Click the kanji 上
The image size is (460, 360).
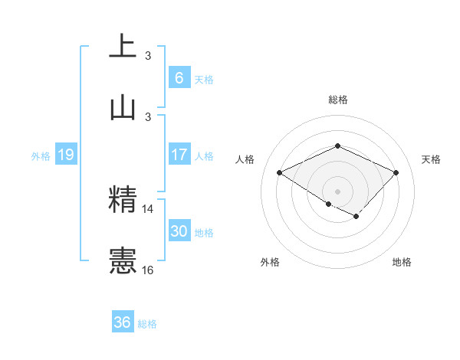tap(123, 46)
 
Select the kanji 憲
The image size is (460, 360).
tap(123, 260)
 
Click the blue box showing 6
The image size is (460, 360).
tap(179, 78)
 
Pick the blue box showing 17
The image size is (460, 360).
tap(179, 155)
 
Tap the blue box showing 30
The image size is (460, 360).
tap(179, 231)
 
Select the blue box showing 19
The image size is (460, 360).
tap(65, 155)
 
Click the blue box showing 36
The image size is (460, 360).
tap(122, 322)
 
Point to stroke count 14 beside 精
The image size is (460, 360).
tap(148, 208)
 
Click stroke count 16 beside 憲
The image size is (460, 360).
tap(148, 270)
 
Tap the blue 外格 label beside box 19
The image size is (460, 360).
tap(41, 155)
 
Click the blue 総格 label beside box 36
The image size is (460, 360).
tap(147, 324)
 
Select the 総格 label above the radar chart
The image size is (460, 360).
tap(337, 100)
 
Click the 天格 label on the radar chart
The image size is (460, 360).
tap(431, 159)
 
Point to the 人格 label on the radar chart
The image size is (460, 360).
tap(245, 159)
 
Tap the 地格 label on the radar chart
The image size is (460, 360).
tap(402, 262)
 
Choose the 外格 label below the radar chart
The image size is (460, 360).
tap(270, 262)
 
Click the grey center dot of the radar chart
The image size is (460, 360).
tap(337, 191)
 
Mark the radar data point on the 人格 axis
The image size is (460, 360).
tap(280, 173)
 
